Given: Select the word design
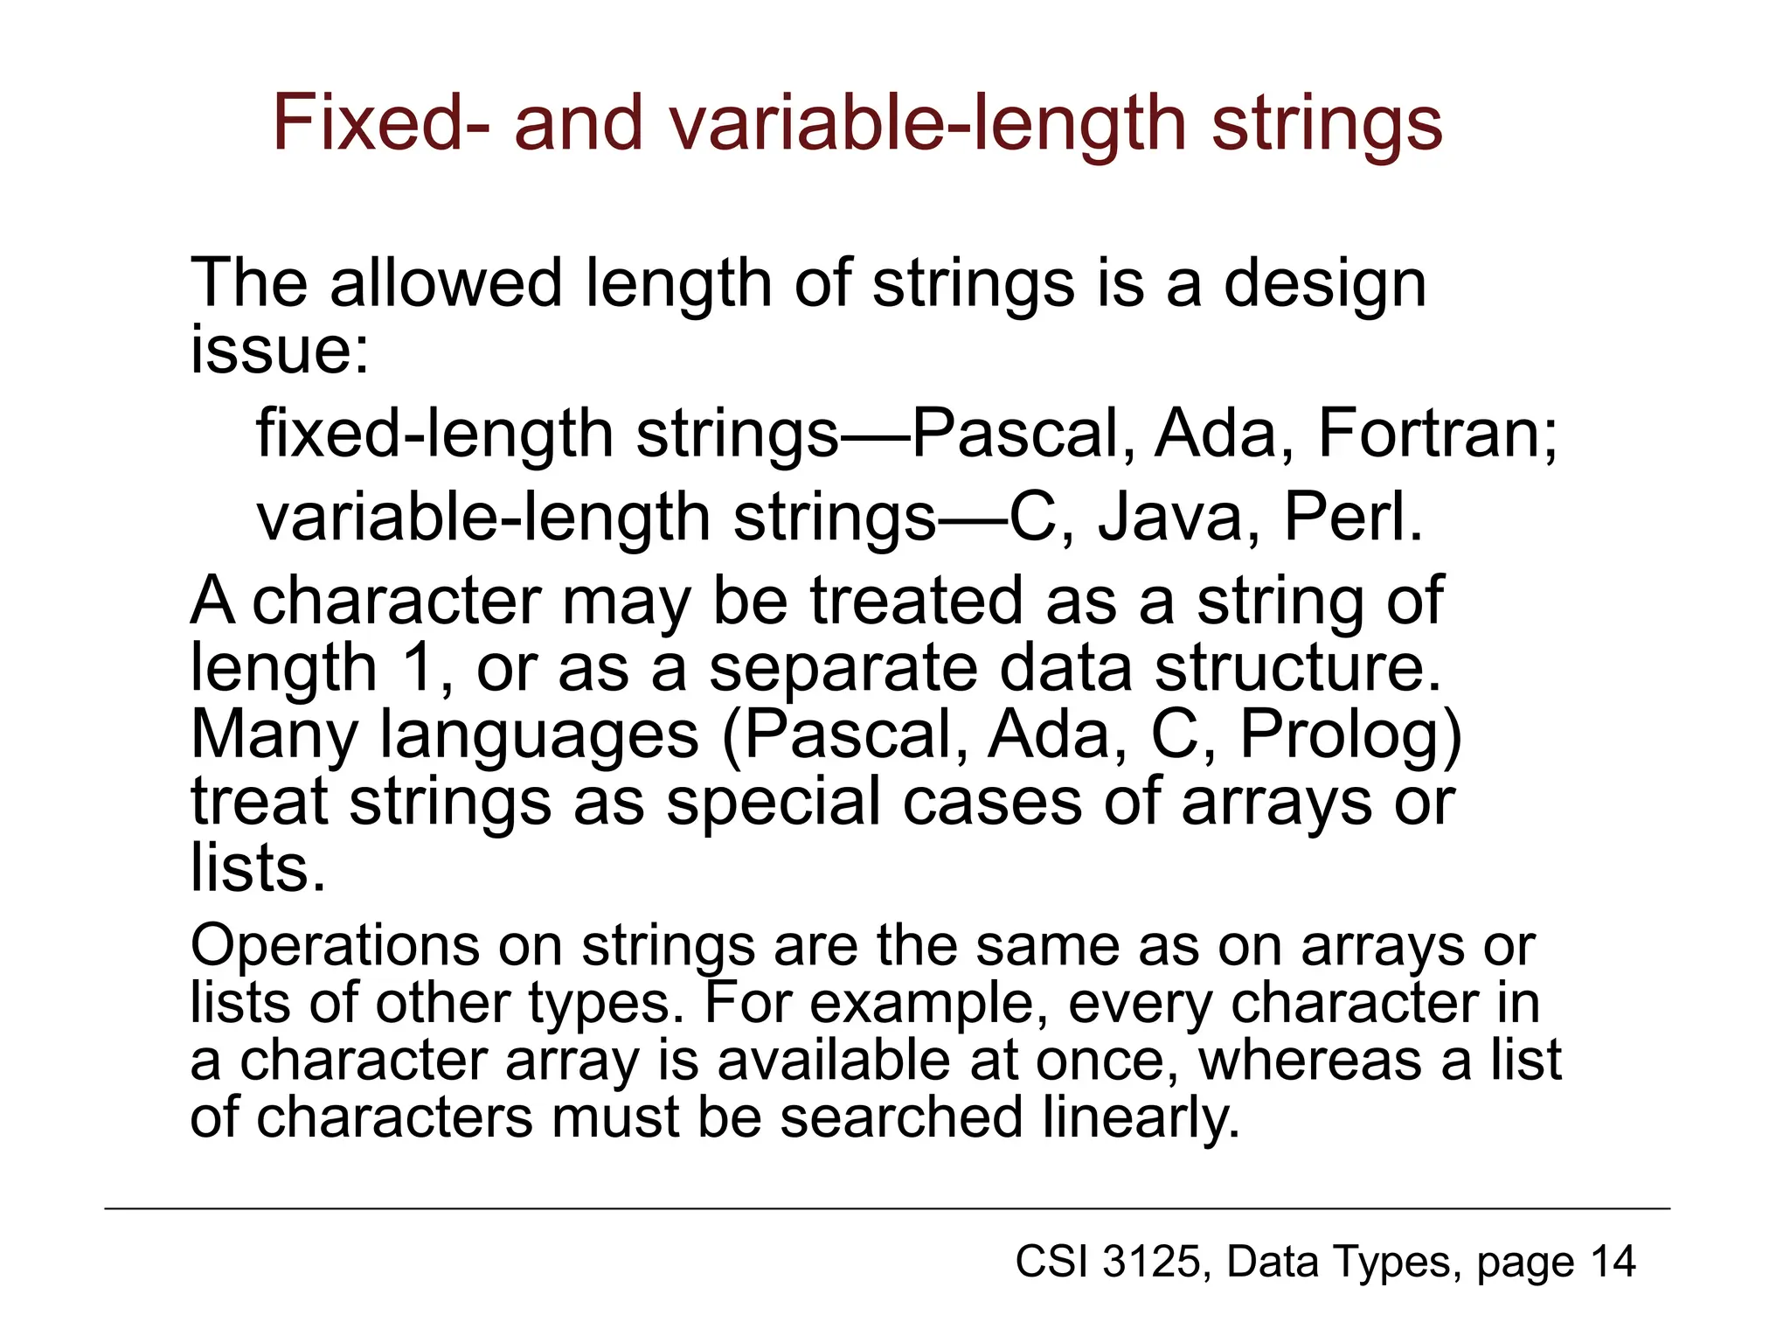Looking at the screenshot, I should point(1324,285).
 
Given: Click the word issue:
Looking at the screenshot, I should point(280,350).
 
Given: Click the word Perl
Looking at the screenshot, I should point(1351,518).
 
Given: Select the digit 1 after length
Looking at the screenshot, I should point(419,668).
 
